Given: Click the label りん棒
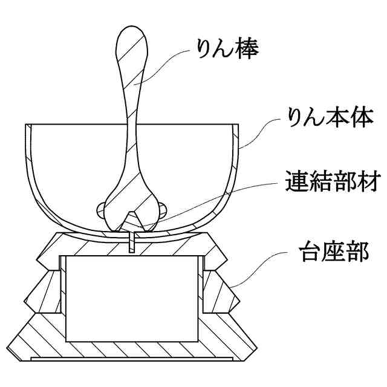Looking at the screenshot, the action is tap(224, 49).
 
